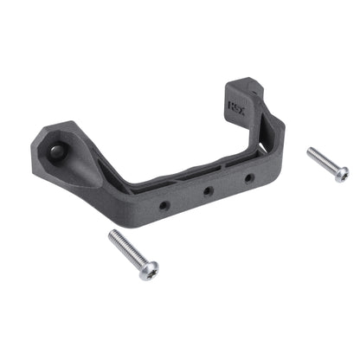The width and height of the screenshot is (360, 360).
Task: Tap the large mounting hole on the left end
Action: [56, 151]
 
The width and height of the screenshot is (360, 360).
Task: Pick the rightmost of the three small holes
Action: [249, 177]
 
